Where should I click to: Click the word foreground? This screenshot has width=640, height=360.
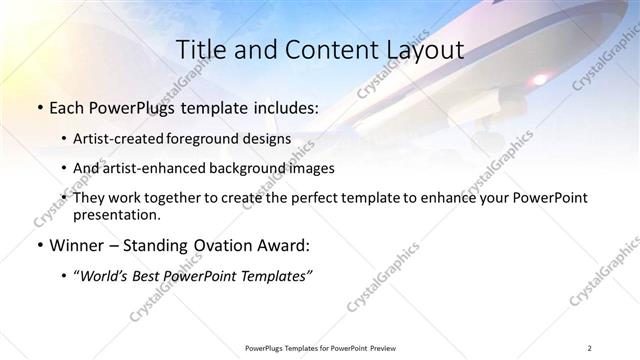tap(216, 139)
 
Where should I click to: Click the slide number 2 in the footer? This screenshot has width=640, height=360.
tap(590, 348)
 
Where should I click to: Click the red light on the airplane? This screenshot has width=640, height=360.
tap(540, 78)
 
